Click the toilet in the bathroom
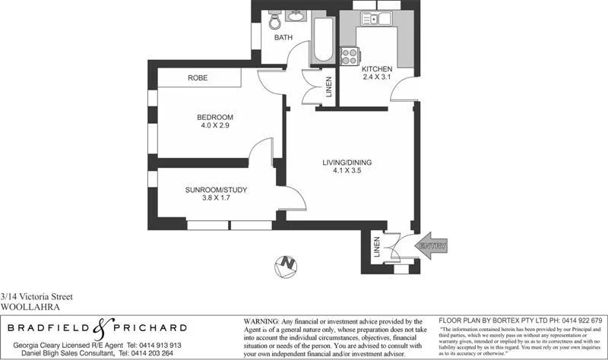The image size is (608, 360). click(x=274, y=20)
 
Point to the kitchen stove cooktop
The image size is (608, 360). click(x=350, y=55)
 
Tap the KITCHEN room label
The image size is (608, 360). click(x=378, y=68)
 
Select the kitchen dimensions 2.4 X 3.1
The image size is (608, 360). click(x=378, y=77)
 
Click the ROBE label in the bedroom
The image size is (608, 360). click(x=198, y=78)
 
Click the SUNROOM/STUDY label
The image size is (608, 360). click(x=215, y=190)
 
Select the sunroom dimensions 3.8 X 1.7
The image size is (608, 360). click(x=215, y=199)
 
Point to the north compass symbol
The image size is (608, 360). click(x=287, y=264)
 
